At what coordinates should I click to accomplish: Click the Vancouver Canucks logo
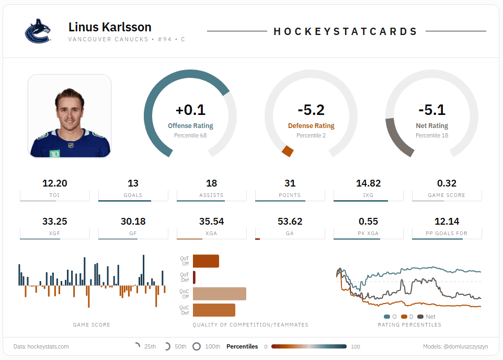pyautogui.click(x=38, y=31)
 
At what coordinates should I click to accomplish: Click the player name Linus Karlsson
pyautogui.click(x=110, y=27)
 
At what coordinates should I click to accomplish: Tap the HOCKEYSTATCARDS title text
pyautogui.click(x=346, y=31)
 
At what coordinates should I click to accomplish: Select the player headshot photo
pyautogui.click(x=70, y=116)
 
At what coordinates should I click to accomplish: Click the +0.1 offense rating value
pyautogui.click(x=190, y=110)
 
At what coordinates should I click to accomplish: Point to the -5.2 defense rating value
pyautogui.click(x=311, y=110)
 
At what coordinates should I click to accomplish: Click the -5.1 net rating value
pyautogui.click(x=431, y=110)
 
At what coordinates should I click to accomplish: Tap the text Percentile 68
pyautogui.click(x=190, y=135)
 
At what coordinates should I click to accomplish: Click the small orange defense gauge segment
pyautogui.click(x=287, y=151)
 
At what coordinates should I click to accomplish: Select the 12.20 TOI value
pyautogui.click(x=55, y=183)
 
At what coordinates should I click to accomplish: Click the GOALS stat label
pyautogui.click(x=133, y=195)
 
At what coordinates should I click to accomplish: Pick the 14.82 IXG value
pyautogui.click(x=368, y=183)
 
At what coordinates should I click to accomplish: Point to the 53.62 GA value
pyautogui.click(x=290, y=222)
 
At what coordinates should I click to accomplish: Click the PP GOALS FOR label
pyautogui.click(x=447, y=234)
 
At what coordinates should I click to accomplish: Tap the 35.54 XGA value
pyautogui.click(x=211, y=222)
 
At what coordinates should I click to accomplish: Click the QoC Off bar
pyautogui.click(x=219, y=294)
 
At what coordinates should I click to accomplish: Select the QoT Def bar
pyautogui.click(x=194, y=277)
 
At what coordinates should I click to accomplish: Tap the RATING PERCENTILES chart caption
pyautogui.click(x=409, y=325)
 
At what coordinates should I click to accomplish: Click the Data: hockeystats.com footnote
pyautogui.click(x=41, y=346)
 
